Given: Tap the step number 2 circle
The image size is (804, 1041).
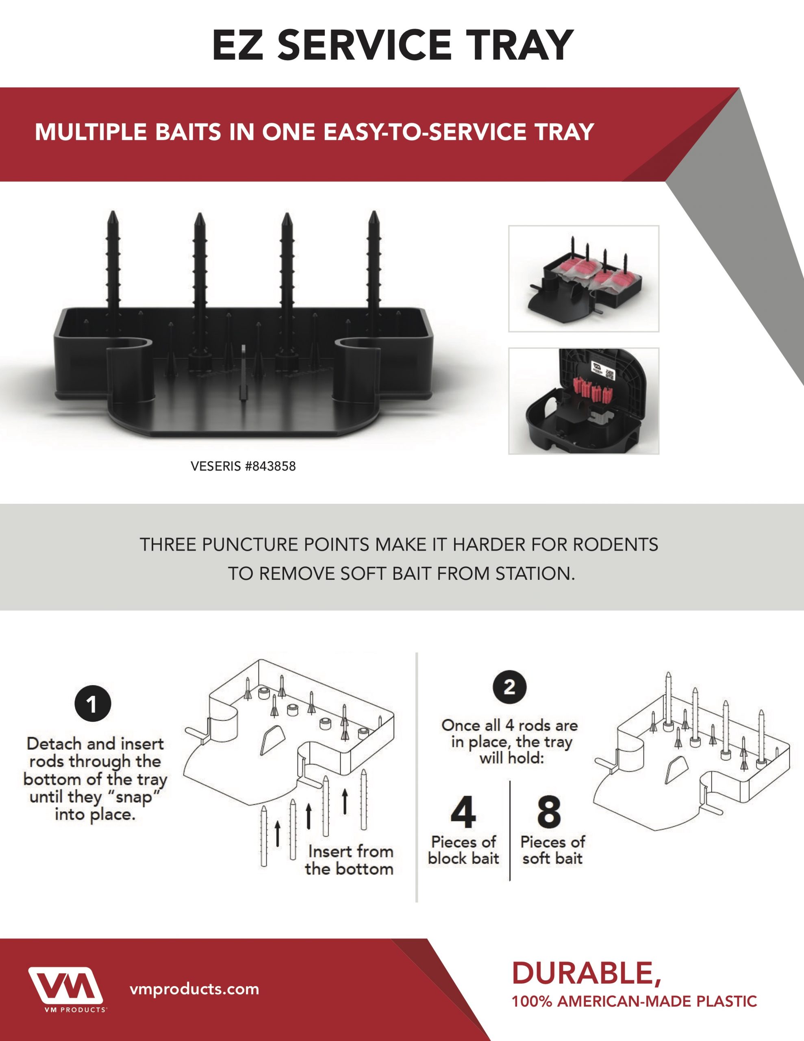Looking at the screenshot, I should tap(509, 687).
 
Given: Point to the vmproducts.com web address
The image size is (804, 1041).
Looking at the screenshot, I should tap(194, 989).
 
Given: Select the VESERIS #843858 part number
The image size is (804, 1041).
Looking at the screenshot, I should tap(243, 466).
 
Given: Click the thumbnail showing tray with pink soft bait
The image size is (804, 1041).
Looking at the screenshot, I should tap(583, 279).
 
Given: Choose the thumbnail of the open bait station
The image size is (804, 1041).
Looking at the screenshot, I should tap(583, 401).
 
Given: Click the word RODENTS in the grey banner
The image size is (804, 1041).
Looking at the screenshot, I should tap(615, 544).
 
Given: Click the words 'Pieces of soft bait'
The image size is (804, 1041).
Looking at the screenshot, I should tap(552, 850).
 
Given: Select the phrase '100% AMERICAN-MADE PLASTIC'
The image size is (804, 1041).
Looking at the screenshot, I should tap(634, 1001).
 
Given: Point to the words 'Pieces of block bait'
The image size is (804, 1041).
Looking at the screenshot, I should tap(463, 850).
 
